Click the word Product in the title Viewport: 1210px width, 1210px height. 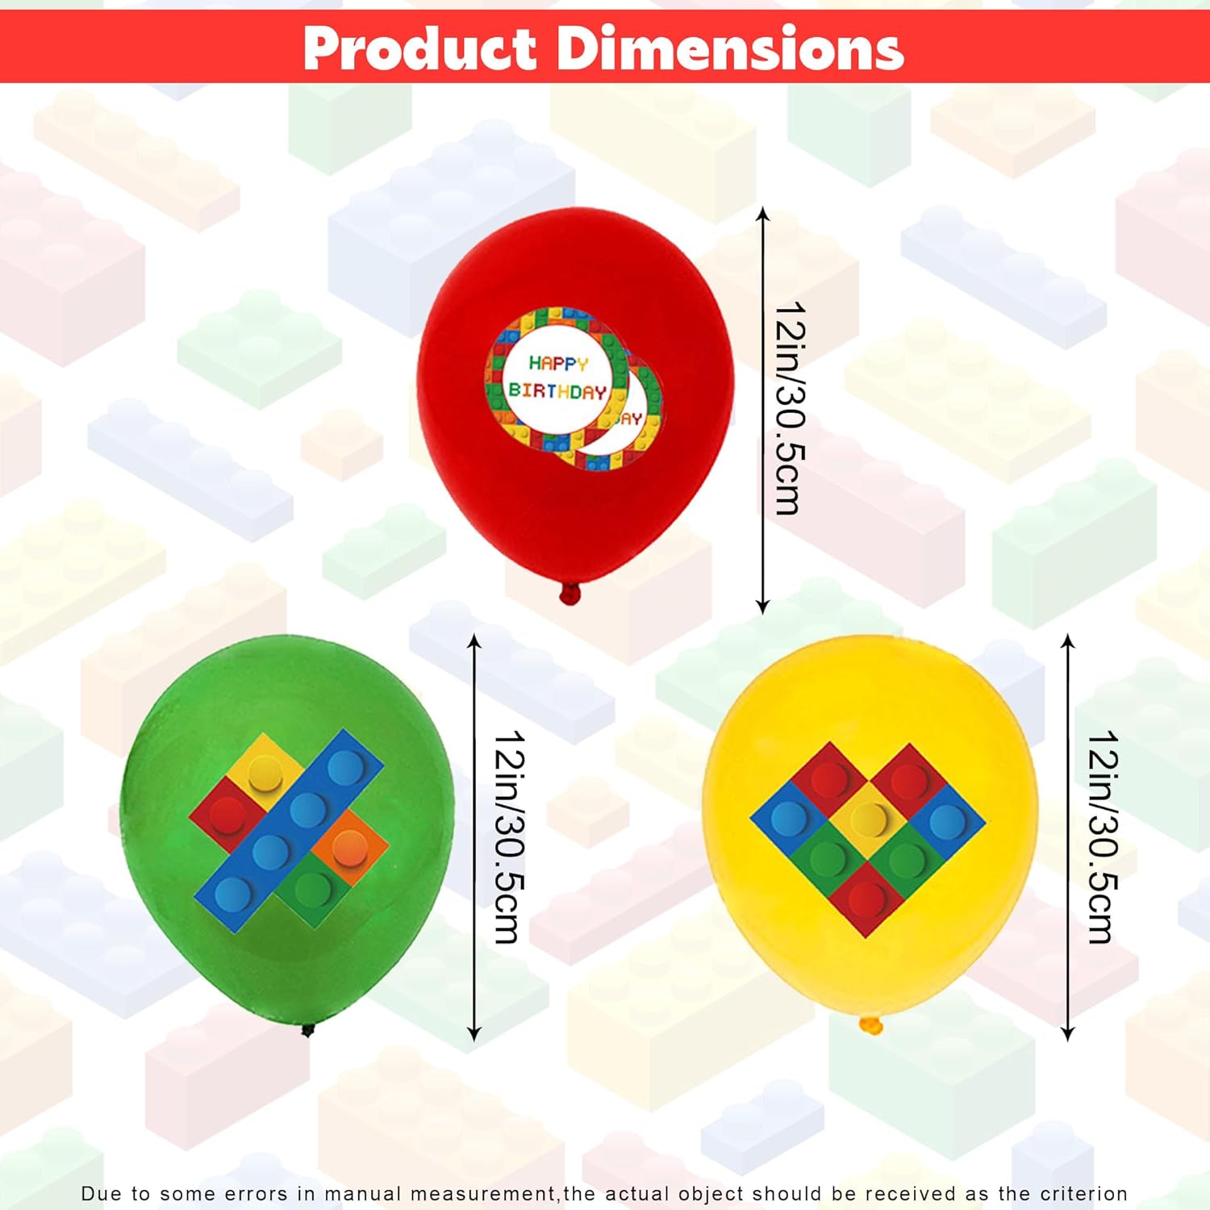click(x=420, y=48)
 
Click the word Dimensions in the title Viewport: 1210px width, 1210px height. click(x=730, y=48)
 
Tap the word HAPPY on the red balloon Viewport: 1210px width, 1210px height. click(x=558, y=364)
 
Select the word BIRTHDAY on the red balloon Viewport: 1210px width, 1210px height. click(x=557, y=391)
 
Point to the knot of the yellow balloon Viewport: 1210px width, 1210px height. click(x=871, y=1025)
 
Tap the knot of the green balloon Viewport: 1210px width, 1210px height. click(x=307, y=1029)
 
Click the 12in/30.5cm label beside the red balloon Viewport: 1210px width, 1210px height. click(x=790, y=408)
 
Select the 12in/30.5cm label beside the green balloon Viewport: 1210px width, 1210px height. click(x=510, y=837)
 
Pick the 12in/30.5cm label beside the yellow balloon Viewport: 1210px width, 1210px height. click(x=1103, y=837)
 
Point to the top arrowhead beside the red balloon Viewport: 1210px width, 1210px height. click(x=763, y=215)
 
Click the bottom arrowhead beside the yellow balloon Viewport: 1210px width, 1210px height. click(x=1068, y=1033)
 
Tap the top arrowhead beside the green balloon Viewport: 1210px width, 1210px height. click(x=474, y=642)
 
